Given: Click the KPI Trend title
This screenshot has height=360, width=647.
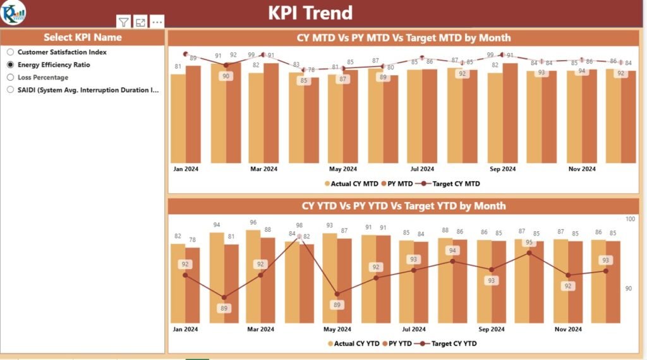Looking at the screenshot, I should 310,13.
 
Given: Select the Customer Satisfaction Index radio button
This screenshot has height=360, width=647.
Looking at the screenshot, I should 10,52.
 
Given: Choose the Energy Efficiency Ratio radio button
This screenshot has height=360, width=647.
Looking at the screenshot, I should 10,65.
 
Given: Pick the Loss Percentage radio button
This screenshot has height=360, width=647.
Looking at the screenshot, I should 10,77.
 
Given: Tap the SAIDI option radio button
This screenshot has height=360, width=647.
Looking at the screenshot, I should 10,90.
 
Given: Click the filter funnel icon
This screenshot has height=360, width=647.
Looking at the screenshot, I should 124,22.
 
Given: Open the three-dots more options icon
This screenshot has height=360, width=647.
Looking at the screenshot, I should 157,22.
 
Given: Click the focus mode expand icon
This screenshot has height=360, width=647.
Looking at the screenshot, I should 140,22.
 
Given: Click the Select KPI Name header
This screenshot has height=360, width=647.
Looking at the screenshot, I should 83,37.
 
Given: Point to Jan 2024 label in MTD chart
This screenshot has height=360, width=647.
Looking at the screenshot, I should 185,169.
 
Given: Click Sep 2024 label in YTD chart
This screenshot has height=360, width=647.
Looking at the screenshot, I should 492,329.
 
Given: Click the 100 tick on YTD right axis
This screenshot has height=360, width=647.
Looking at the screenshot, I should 630,219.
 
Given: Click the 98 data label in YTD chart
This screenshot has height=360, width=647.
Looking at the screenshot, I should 299,225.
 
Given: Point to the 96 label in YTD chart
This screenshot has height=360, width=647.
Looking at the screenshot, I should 253,222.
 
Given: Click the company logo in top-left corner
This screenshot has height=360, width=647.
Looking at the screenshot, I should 13,13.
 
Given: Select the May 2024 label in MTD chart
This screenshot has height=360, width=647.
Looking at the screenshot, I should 342,169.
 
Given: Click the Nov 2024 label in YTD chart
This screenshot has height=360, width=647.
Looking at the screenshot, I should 567,329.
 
